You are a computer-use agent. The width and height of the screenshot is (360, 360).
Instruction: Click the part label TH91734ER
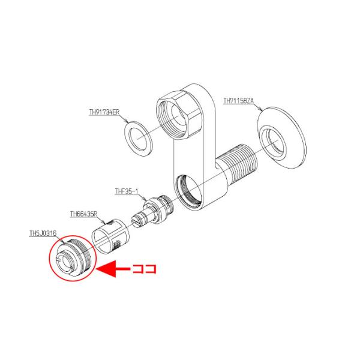pos(104,112)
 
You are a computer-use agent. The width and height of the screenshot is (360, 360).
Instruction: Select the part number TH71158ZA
pos(239,101)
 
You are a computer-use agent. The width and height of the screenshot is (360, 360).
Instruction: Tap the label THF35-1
pos(127,191)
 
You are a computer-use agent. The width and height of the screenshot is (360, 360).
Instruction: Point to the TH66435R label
pos(84,214)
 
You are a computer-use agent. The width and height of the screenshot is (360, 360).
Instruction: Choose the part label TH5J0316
pos(43,233)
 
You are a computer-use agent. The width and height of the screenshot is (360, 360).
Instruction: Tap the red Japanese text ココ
pos(145,269)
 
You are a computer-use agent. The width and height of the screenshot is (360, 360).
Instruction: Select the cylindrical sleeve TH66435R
pos(110,236)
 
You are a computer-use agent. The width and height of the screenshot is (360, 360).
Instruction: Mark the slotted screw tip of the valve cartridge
pos(137,221)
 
